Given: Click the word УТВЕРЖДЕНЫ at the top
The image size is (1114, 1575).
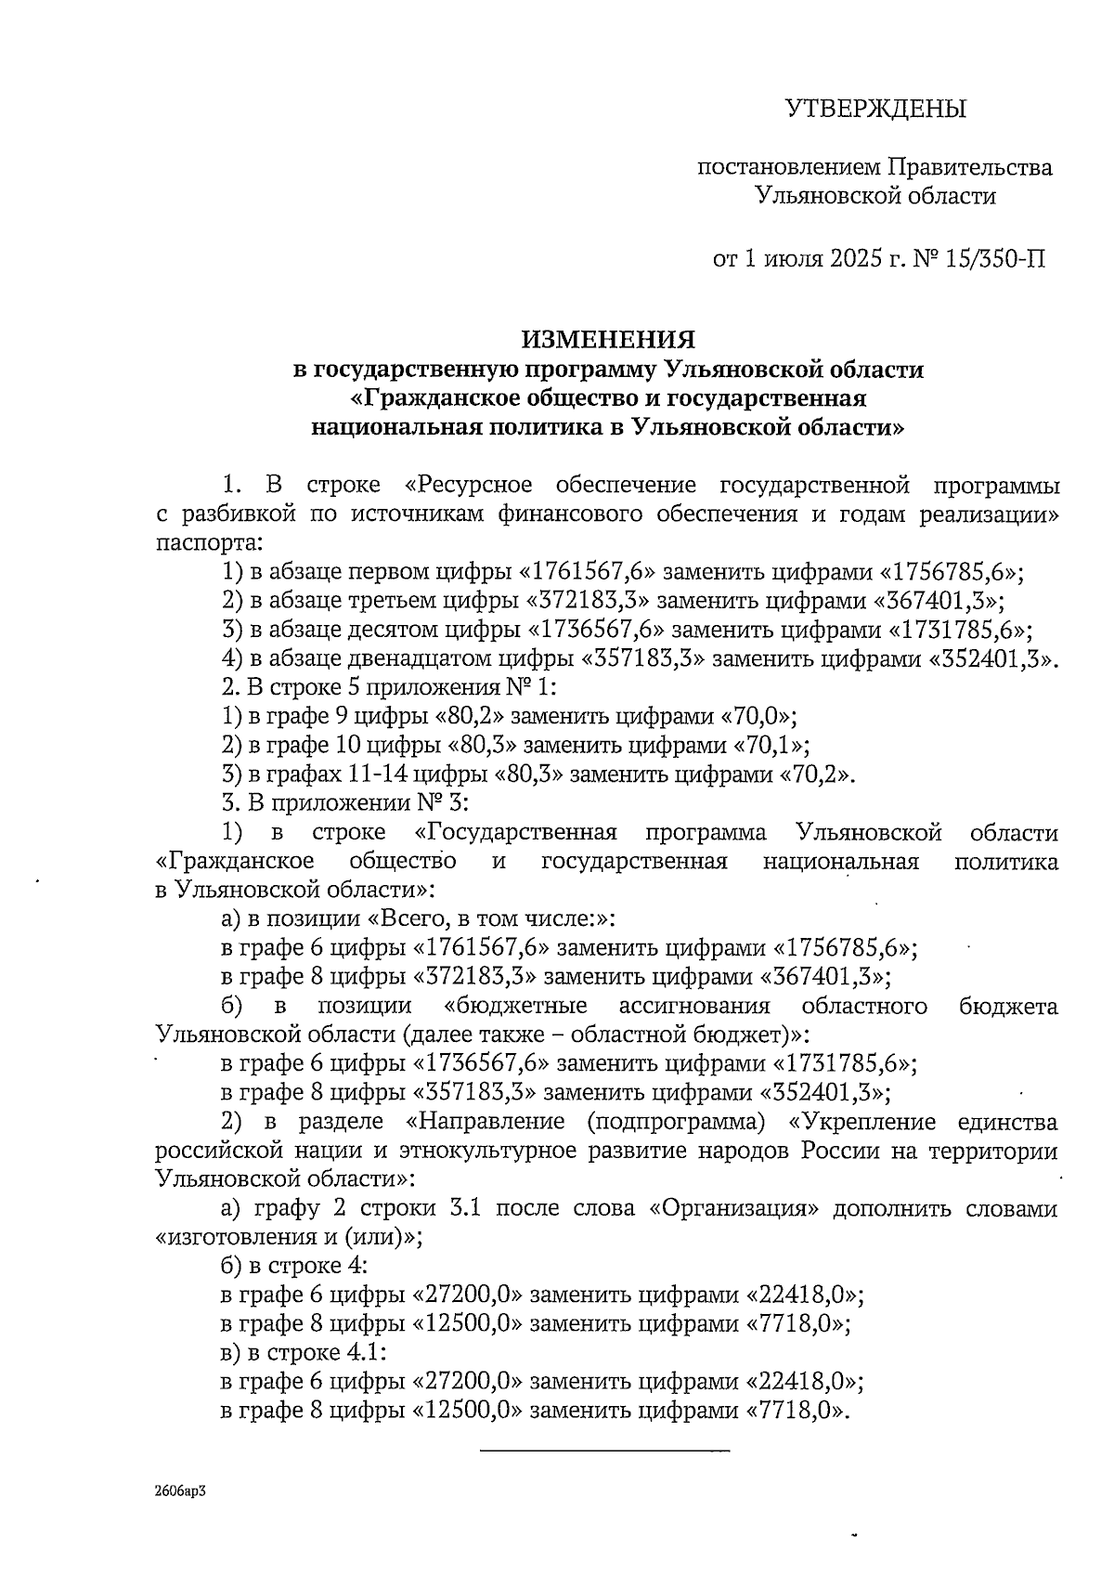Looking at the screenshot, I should [x=875, y=110].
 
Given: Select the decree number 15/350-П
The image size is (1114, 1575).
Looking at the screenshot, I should [x=994, y=257].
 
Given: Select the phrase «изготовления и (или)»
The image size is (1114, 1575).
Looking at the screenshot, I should [x=289, y=1237].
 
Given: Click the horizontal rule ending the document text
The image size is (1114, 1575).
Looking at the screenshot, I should [x=604, y=1450].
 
